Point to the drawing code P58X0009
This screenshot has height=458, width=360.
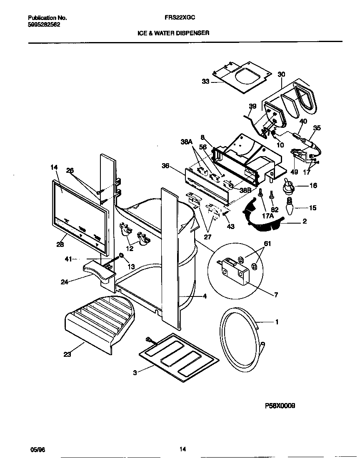point(280,406)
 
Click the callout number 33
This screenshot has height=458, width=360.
point(205,82)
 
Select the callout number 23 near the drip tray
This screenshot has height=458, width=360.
point(67,355)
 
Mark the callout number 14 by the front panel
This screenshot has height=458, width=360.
point(54,167)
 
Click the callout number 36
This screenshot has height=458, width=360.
point(165,166)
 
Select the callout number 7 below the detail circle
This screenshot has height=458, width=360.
point(275,295)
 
